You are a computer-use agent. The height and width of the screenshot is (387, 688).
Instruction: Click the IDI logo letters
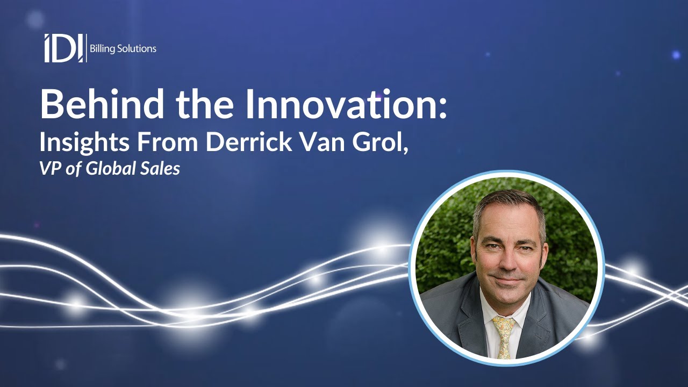tap(64, 48)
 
